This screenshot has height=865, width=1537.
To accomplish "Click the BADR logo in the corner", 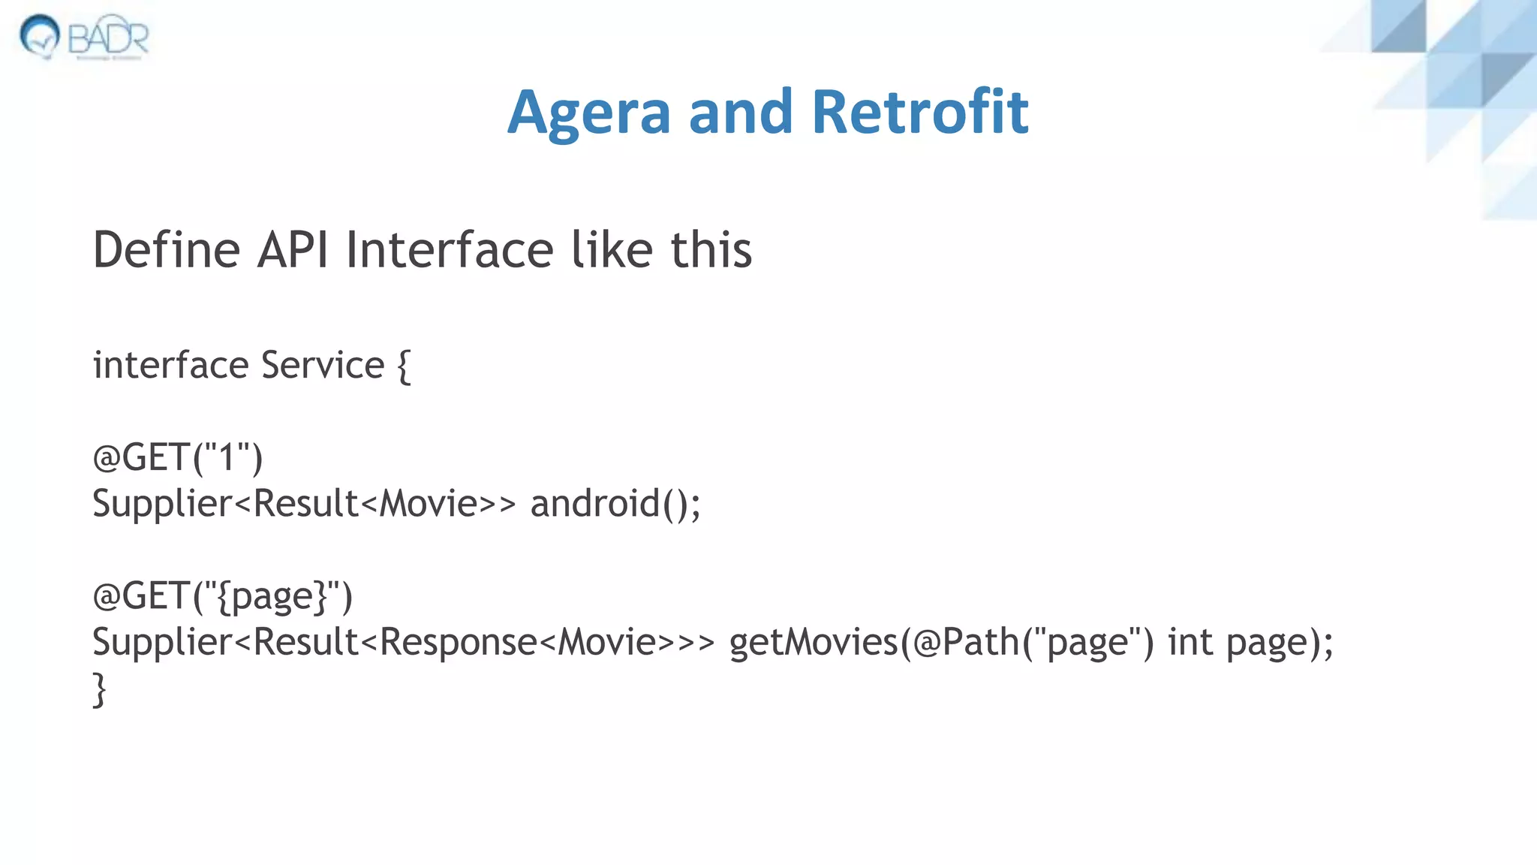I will point(84,37).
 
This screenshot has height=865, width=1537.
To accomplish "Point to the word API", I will point(293,249).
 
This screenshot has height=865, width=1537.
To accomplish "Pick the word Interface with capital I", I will point(450,249).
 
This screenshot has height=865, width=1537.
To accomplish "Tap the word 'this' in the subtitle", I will point(711,249).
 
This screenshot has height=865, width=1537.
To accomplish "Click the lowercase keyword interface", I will point(170,366).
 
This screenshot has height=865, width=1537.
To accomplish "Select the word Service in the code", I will point(323,366).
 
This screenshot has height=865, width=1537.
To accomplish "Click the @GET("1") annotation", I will point(178,457).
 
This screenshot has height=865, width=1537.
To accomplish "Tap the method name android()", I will point(615,503).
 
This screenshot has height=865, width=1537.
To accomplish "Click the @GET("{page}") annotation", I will point(222,596).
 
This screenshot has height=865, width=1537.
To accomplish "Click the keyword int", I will point(1190,642).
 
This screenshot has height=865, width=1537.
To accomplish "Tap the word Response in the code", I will point(459,642).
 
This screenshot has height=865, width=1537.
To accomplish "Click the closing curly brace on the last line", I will point(99,689).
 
